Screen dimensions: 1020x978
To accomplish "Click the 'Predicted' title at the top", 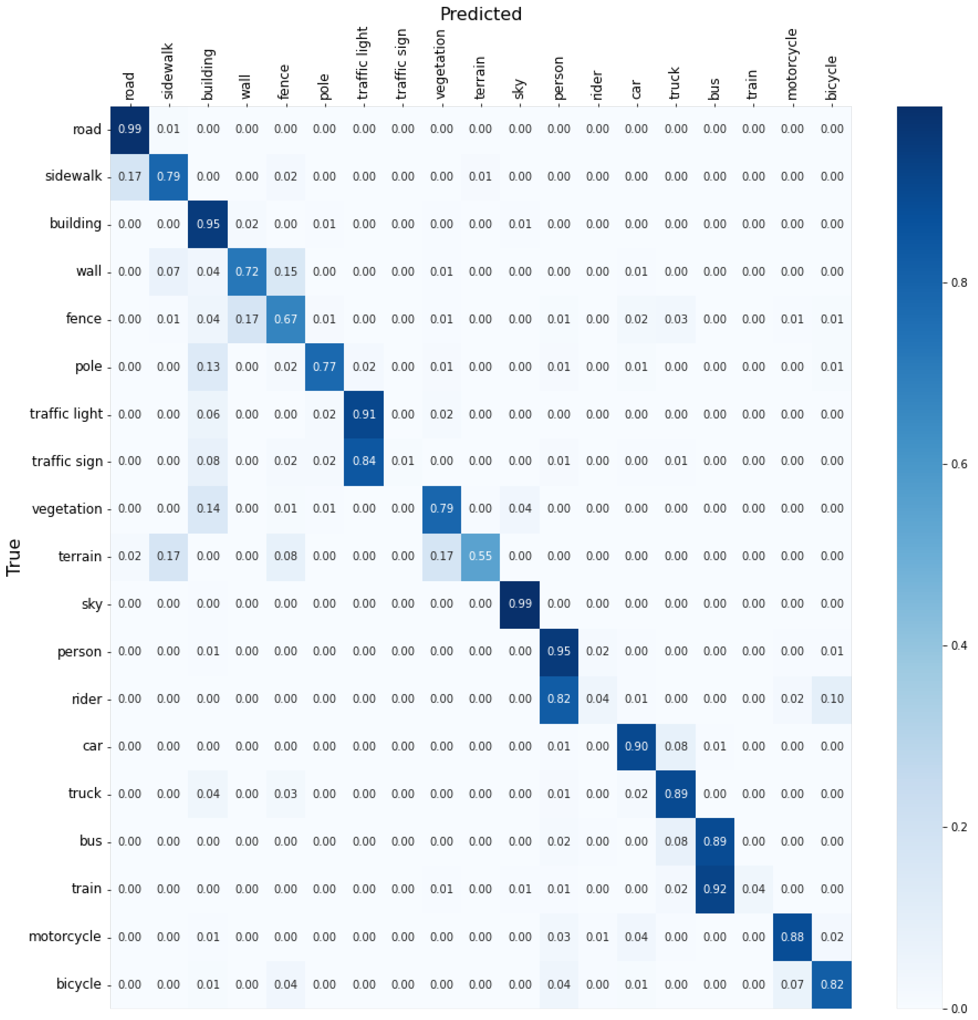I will [x=480, y=14].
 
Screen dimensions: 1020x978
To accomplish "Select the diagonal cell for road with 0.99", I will [x=130, y=129].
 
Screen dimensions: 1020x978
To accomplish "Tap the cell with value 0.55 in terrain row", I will [x=480, y=556].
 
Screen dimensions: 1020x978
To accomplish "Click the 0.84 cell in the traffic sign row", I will [x=364, y=460].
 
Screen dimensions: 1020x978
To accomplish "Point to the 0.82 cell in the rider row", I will [x=559, y=698].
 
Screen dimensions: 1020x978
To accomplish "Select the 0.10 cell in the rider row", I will [x=831, y=698].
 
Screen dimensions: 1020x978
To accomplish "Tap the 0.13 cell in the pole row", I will [x=208, y=366].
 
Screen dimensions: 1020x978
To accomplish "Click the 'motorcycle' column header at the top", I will [x=792, y=64].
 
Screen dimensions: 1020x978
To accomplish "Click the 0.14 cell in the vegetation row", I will [x=208, y=508].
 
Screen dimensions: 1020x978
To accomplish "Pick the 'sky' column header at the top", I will [x=519, y=88].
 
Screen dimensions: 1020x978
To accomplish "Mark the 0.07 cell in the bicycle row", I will [x=792, y=984].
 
